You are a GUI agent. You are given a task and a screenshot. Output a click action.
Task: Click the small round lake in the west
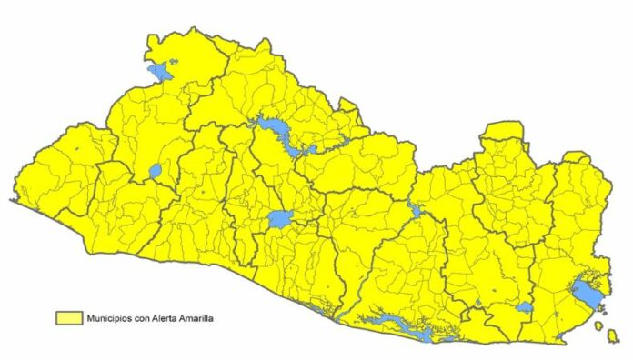156,170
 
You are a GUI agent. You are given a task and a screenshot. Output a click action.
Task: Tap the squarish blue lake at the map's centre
279,219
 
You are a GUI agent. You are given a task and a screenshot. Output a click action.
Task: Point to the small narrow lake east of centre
416,212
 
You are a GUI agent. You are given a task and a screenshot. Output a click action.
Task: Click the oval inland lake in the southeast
524,307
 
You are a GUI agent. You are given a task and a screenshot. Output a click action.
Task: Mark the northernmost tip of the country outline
196,28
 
